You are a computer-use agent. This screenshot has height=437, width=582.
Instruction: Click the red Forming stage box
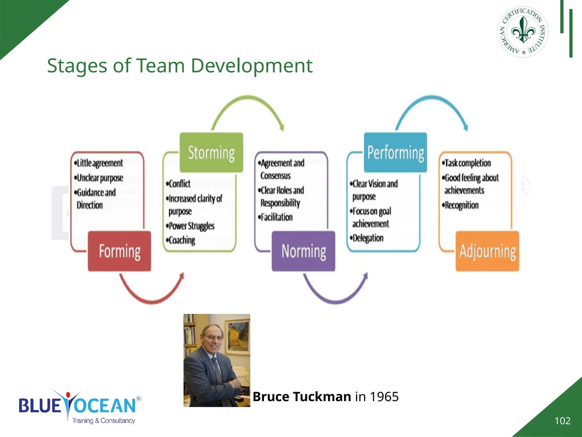click(119, 251)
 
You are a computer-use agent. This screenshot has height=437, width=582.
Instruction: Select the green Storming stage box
click(211, 152)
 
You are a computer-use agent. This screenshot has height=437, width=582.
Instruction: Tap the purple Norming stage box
click(304, 251)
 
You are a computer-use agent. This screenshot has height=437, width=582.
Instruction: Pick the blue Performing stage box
click(396, 152)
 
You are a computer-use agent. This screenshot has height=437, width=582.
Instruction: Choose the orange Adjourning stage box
click(487, 251)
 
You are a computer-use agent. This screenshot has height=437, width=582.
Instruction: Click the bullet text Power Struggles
click(191, 226)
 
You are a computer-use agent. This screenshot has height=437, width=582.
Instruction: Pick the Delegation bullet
click(367, 238)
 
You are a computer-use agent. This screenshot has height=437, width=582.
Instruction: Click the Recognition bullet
click(461, 205)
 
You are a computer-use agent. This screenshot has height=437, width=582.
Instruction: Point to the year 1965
click(384, 397)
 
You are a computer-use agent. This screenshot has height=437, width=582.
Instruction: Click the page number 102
click(562, 421)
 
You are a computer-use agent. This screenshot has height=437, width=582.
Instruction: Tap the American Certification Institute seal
click(523, 32)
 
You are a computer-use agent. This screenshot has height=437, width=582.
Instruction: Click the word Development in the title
click(251, 66)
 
